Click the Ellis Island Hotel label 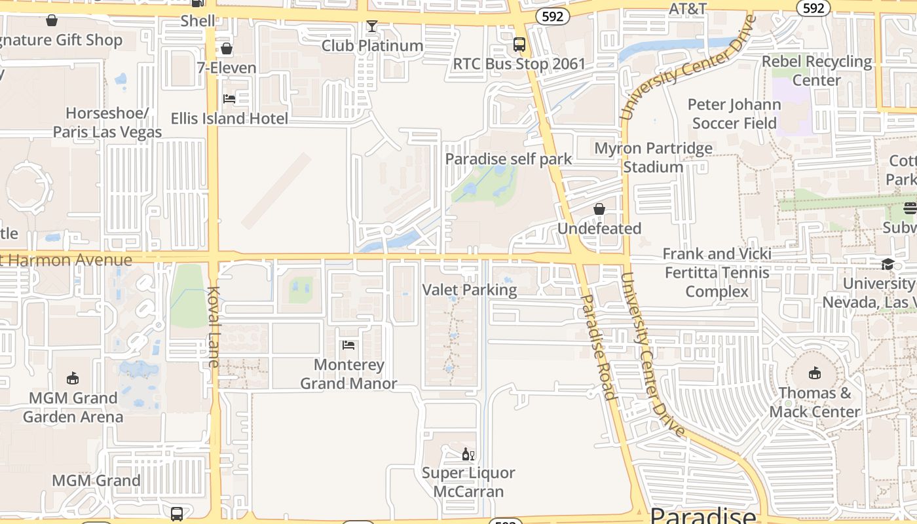tap(229, 119)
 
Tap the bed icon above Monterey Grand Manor tap(348, 345)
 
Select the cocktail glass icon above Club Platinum tap(372, 27)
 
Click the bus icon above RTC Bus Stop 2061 tap(519, 45)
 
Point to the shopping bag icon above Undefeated tap(599, 209)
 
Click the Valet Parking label tap(469, 290)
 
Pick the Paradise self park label tap(508, 159)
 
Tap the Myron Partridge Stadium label tap(653, 157)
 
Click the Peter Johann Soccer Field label tap(734, 114)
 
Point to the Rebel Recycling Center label tap(817, 71)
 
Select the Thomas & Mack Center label tap(815, 402)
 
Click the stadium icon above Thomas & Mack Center tap(814, 373)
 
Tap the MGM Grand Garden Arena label tap(73, 407)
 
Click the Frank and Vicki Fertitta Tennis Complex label tap(717, 272)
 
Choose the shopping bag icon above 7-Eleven tap(227, 48)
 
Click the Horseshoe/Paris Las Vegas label tap(107, 122)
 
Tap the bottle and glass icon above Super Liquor tap(468, 454)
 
